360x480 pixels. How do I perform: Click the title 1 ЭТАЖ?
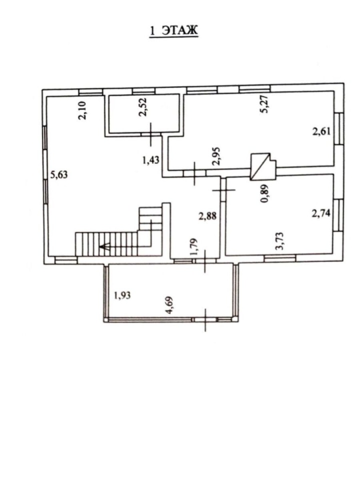tap(174, 31)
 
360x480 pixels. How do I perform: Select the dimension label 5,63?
tap(59, 175)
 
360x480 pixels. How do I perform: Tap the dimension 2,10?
tap(83, 110)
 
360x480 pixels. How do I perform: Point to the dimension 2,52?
tap(143, 107)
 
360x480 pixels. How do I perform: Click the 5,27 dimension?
tap(264, 104)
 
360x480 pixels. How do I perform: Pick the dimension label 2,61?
tap(321, 131)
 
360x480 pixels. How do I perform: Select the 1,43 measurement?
tap(151, 160)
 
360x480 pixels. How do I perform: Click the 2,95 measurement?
tap(216, 156)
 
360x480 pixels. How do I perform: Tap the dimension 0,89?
tap(265, 193)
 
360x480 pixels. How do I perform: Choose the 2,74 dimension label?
tap(321, 213)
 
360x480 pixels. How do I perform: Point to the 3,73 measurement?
tap(280, 241)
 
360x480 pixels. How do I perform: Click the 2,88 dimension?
tap(207, 216)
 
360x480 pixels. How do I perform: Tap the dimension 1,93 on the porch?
tap(122, 295)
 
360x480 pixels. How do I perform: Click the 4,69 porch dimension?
tap(169, 305)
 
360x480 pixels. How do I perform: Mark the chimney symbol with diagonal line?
tap(263, 166)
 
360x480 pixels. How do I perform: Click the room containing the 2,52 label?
tap(144, 114)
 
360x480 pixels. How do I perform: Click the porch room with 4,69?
tap(170, 291)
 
